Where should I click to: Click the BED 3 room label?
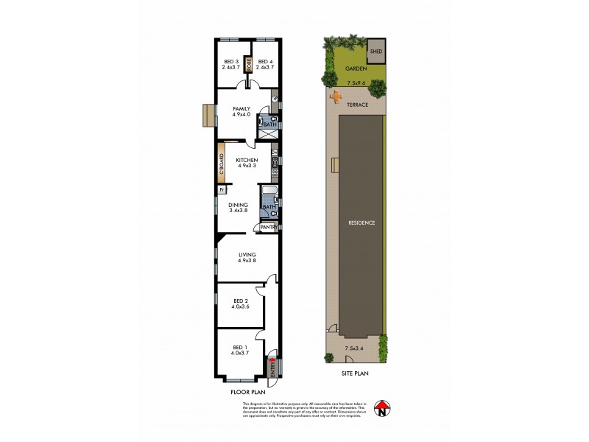230,61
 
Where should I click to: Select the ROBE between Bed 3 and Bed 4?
249,64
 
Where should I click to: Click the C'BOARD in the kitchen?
220,165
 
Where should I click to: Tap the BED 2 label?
240,301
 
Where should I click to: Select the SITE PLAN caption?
354,373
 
